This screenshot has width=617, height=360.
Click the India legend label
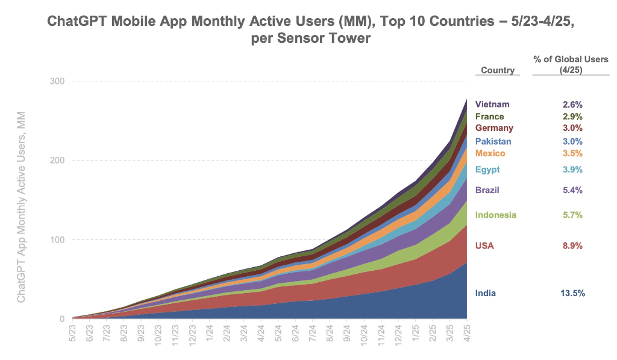[486, 294]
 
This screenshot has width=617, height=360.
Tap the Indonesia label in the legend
[496, 215]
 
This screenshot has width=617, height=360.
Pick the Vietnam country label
[492, 104]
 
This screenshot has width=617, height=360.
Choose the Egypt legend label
[487, 169]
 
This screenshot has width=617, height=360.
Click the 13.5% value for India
[572, 294]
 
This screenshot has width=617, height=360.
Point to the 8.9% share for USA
[572, 246]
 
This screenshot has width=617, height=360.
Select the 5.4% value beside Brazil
[572, 191]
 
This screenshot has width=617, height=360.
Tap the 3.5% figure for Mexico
[572, 154]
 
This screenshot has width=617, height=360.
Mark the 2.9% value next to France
[572, 116]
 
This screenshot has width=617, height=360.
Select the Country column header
[498, 71]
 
